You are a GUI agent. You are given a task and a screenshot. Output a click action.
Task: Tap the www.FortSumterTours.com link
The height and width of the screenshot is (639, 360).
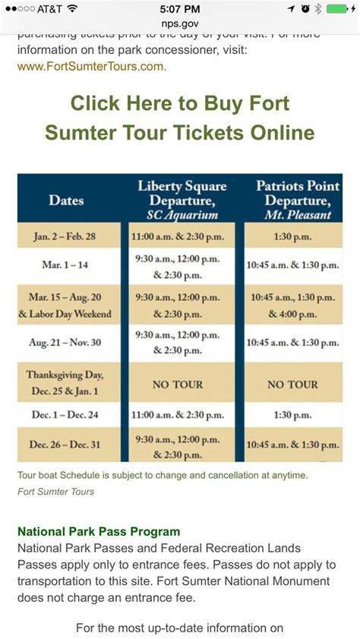91,66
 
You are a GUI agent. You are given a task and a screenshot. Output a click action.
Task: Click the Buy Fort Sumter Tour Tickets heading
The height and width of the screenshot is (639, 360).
180,118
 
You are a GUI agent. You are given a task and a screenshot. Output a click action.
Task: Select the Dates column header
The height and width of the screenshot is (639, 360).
66,200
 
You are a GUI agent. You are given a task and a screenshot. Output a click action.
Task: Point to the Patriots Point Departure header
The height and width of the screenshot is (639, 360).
293,200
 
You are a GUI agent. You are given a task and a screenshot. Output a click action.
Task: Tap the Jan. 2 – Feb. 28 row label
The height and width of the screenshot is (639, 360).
65,236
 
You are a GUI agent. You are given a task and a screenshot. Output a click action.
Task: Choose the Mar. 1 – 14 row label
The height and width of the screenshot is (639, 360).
65,266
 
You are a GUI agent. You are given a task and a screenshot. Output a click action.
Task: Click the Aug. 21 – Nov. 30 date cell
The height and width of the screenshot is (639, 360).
65,343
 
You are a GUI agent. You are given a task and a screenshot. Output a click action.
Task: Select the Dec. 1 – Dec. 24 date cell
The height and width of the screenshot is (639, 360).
65,416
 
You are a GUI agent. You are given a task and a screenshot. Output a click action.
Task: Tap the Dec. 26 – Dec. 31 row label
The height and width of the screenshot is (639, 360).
65,445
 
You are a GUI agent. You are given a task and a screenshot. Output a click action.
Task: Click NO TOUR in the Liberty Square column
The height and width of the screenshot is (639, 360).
178,385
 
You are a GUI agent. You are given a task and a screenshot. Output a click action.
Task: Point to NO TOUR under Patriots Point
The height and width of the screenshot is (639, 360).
293,385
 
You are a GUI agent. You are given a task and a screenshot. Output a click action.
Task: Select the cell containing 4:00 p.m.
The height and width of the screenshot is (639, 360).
293,305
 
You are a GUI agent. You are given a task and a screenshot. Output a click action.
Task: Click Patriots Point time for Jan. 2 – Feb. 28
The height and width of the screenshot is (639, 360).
293,236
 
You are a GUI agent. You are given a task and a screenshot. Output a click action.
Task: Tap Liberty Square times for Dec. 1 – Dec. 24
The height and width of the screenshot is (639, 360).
178,416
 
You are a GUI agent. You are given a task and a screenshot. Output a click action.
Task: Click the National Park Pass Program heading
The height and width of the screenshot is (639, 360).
99,531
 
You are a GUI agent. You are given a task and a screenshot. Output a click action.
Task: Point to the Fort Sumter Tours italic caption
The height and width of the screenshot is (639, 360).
55,491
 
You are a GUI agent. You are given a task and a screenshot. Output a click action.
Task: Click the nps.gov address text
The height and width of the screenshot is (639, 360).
180,24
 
